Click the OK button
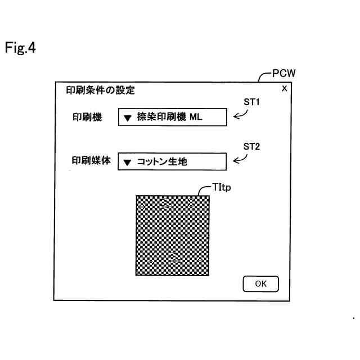260,284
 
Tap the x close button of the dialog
284,88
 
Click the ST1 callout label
250,102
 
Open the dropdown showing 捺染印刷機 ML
172,118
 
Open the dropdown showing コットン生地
172,161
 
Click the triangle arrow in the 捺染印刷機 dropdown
128,118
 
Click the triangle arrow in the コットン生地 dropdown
128,162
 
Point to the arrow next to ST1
241,115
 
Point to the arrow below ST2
240,159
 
